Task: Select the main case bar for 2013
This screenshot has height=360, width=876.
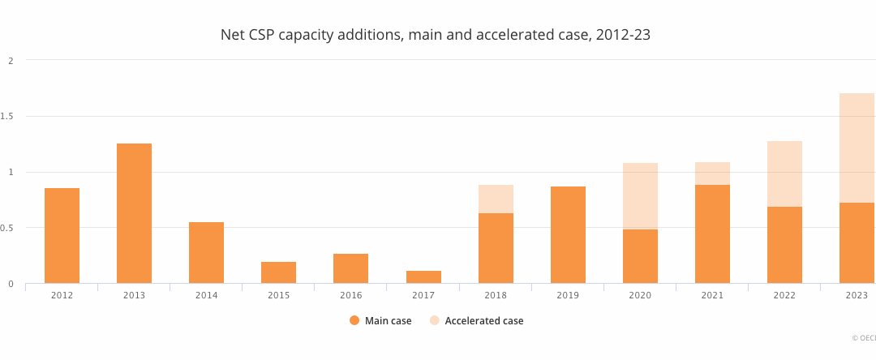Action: (x=134, y=213)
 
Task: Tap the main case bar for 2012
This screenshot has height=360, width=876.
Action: (x=62, y=235)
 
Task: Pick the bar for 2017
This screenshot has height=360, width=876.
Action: (x=423, y=276)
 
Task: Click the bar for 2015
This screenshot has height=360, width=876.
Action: (x=278, y=272)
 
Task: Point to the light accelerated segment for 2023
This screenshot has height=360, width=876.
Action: (x=857, y=148)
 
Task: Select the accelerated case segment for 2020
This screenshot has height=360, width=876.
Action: (x=640, y=196)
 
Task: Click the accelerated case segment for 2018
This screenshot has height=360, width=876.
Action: (x=496, y=199)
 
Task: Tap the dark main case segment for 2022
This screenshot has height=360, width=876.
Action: (x=784, y=245)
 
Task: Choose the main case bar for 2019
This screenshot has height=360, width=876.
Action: (x=568, y=234)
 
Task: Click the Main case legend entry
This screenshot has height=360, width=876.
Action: (x=380, y=320)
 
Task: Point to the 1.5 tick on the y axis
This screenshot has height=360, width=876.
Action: (x=9, y=116)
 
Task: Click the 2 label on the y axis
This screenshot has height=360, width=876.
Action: (x=11, y=60)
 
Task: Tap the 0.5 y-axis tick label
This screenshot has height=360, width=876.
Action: (x=9, y=228)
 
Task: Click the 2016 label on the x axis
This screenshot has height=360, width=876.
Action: (x=350, y=295)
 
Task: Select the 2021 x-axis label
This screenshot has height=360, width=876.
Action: (x=712, y=295)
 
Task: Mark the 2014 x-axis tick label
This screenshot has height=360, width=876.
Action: (x=206, y=295)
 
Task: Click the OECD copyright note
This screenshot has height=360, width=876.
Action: (x=863, y=338)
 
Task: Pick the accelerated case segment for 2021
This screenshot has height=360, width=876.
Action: (x=712, y=173)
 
